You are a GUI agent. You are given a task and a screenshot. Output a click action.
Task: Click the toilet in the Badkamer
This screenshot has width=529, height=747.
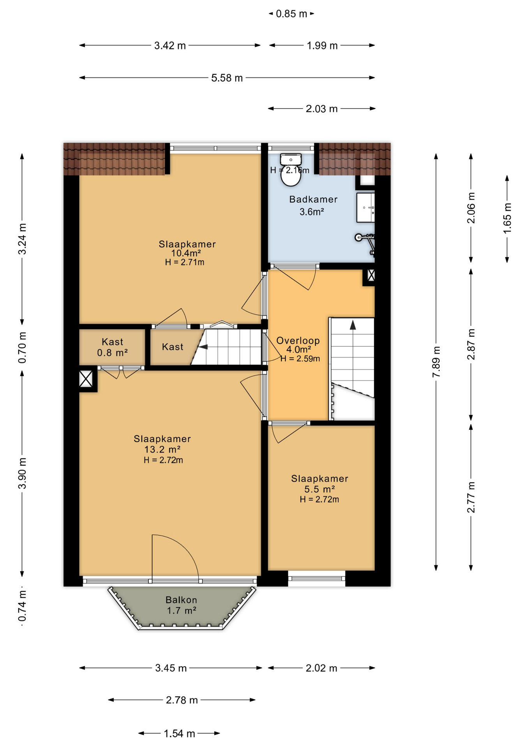(x=291, y=170)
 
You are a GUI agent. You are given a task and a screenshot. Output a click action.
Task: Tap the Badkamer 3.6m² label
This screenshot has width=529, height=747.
(x=313, y=205)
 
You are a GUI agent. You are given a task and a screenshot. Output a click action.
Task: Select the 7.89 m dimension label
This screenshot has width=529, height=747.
(x=436, y=361)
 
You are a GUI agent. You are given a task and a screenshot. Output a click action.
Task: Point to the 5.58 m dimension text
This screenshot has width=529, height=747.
(x=227, y=78)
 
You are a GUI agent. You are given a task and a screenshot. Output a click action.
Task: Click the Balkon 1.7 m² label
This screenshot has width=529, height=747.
(x=181, y=605)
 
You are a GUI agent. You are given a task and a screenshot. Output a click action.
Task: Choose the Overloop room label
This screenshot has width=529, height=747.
(x=298, y=340)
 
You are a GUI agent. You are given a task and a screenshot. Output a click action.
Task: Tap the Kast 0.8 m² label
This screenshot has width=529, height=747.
(x=112, y=347)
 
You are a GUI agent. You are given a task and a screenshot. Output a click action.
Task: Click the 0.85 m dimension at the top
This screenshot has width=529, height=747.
(x=291, y=14)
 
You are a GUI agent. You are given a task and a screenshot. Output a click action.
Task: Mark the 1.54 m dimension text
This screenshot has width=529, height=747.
(x=179, y=733)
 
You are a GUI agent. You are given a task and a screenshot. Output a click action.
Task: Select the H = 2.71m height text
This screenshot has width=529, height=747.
(x=185, y=262)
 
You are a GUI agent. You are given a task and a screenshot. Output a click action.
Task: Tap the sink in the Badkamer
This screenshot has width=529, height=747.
(x=365, y=208)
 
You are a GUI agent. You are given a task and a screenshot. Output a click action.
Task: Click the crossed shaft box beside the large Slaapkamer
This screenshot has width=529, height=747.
(x=86, y=379)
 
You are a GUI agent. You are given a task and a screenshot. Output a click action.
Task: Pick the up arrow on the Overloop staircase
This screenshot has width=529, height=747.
(x=353, y=325)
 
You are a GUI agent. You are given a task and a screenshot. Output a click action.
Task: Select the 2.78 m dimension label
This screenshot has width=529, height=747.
(x=182, y=700)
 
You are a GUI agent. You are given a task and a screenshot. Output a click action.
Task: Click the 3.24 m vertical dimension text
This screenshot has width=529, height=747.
(x=23, y=239)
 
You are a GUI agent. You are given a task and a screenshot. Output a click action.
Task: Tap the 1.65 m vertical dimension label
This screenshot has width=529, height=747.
(x=507, y=218)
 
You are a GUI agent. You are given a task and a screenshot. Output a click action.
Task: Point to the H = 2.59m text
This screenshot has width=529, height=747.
(x=300, y=359)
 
